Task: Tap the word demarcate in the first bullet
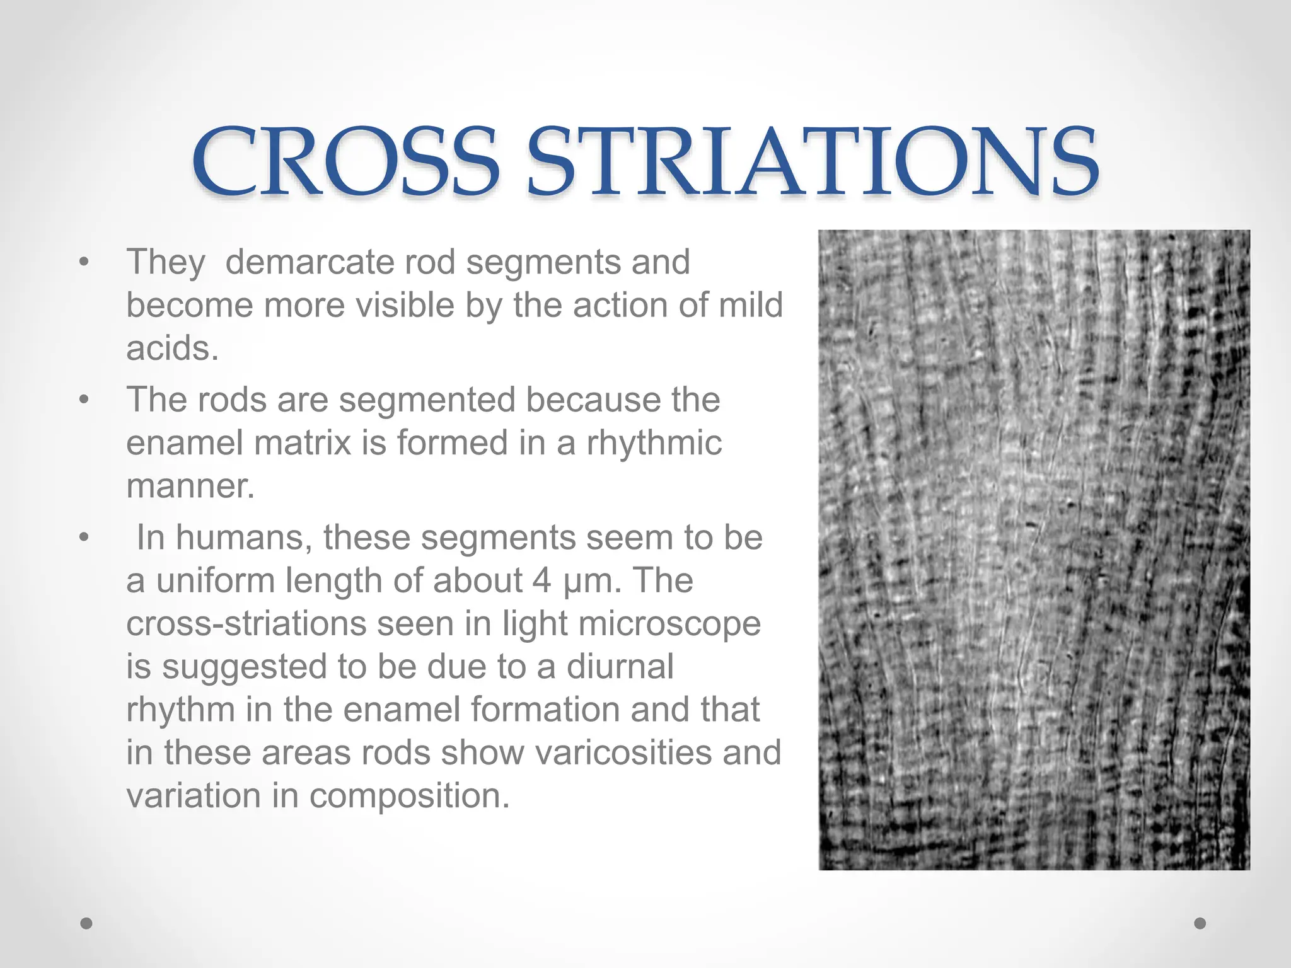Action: [x=310, y=262]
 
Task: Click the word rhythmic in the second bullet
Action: [x=654, y=442]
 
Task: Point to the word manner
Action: [x=190, y=485]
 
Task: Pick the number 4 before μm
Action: [x=541, y=580]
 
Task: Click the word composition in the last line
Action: [x=409, y=795]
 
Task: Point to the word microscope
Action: [x=669, y=624]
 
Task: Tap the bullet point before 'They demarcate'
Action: [x=84, y=262]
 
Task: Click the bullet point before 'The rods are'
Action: [x=84, y=400]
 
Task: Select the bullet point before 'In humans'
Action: [x=84, y=538]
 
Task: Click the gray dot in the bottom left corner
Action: [x=87, y=924]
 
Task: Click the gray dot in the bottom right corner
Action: [x=1200, y=924]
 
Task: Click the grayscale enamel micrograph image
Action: [x=1034, y=550]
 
